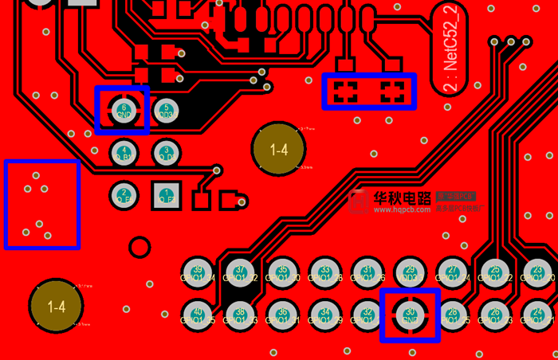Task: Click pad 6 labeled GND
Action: click(x=123, y=110)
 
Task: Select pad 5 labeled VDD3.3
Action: click(x=165, y=110)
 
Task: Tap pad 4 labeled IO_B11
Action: click(x=123, y=151)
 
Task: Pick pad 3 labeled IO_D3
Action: click(x=165, y=151)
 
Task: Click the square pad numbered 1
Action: click(x=165, y=194)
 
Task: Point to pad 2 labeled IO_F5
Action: click(x=123, y=194)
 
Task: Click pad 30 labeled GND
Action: click(x=411, y=314)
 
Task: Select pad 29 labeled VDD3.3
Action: click(x=411, y=272)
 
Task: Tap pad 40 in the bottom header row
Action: click(x=197, y=314)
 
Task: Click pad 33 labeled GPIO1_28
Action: click(x=324, y=272)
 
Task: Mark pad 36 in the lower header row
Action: click(x=282, y=314)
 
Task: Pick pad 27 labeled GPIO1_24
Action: click(x=453, y=272)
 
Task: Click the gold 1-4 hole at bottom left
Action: click(x=56, y=306)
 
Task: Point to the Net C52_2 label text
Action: click(x=450, y=49)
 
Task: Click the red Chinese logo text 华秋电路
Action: click(x=402, y=198)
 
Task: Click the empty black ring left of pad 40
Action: click(x=139, y=247)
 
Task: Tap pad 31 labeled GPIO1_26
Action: click(x=367, y=272)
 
